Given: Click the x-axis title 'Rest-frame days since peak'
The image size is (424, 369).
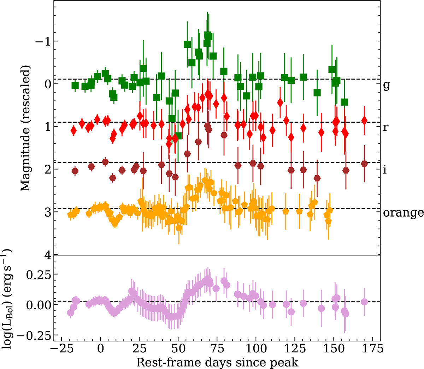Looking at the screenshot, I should coord(217,362).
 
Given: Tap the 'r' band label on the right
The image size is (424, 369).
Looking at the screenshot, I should coord(385,127).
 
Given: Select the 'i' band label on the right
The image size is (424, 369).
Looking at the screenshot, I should coord(385,170).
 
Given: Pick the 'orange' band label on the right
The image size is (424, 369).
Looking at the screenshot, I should coord(403,213).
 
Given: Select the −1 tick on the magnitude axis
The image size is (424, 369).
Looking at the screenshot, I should coord(42,41).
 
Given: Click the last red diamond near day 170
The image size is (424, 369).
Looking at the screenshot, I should coord(364,121).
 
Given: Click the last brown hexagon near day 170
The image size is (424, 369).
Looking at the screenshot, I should coord(364,163).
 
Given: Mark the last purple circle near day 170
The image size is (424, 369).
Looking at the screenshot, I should coord(364,302).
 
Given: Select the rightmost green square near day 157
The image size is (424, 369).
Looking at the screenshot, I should coord(344,102).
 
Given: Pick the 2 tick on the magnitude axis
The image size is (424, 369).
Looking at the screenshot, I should coord(46,169).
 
